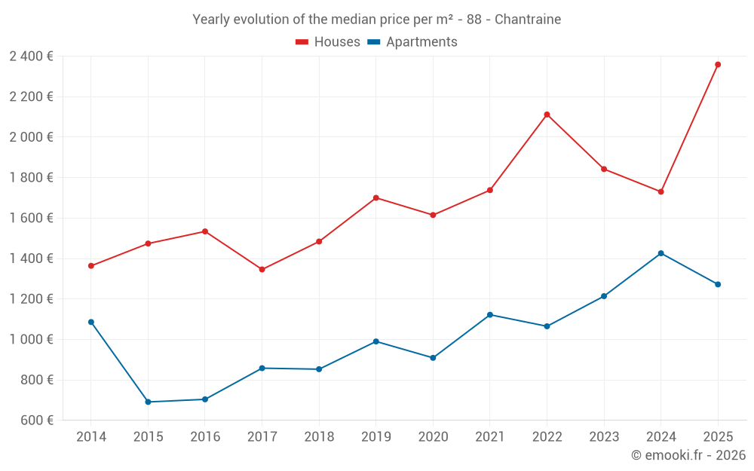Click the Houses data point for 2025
click(x=718, y=65)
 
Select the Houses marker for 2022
click(x=547, y=115)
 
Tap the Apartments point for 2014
click(x=91, y=322)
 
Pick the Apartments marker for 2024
click(x=661, y=253)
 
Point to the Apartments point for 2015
click(x=148, y=402)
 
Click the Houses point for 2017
click(x=262, y=269)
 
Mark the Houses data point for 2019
click(x=376, y=198)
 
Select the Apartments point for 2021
click(x=490, y=315)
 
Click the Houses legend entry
click(x=328, y=42)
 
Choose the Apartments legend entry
click(x=412, y=42)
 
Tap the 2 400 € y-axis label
click(x=31, y=57)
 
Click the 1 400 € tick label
click(x=31, y=258)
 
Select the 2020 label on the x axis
click(x=433, y=437)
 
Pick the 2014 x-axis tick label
click(x=91, y=437)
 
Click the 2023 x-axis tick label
click(x=604, y=437)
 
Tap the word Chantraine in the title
click(x=528, y=20)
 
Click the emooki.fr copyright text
click(x=688, y=455)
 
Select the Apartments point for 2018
click(x=319, y=369)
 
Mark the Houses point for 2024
click(x=661, y=192)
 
